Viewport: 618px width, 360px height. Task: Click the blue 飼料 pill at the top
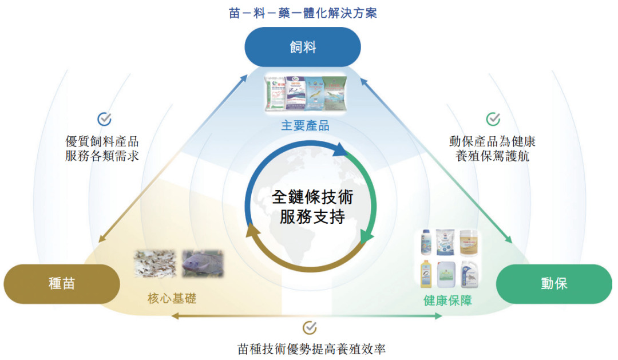(302, 46)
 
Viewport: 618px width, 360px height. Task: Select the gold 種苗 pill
(62, 283)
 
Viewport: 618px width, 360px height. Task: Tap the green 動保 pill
(553, 283)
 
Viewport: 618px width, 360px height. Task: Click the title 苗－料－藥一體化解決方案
(303, 13)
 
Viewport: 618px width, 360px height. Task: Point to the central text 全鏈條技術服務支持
(312, 207)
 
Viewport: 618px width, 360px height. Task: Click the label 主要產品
(305, 126)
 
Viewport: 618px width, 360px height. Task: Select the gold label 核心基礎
(172, 298)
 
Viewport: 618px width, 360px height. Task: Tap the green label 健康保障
(448, 300)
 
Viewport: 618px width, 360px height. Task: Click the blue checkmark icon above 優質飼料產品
(104, 118)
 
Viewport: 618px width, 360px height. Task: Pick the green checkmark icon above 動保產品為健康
(493, 118)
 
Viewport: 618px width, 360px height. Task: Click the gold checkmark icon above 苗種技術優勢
(310, 327)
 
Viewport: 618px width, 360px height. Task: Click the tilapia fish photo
(203, 263)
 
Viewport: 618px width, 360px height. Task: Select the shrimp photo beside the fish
(155, 264)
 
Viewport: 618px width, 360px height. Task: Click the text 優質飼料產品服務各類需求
(102, 148)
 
